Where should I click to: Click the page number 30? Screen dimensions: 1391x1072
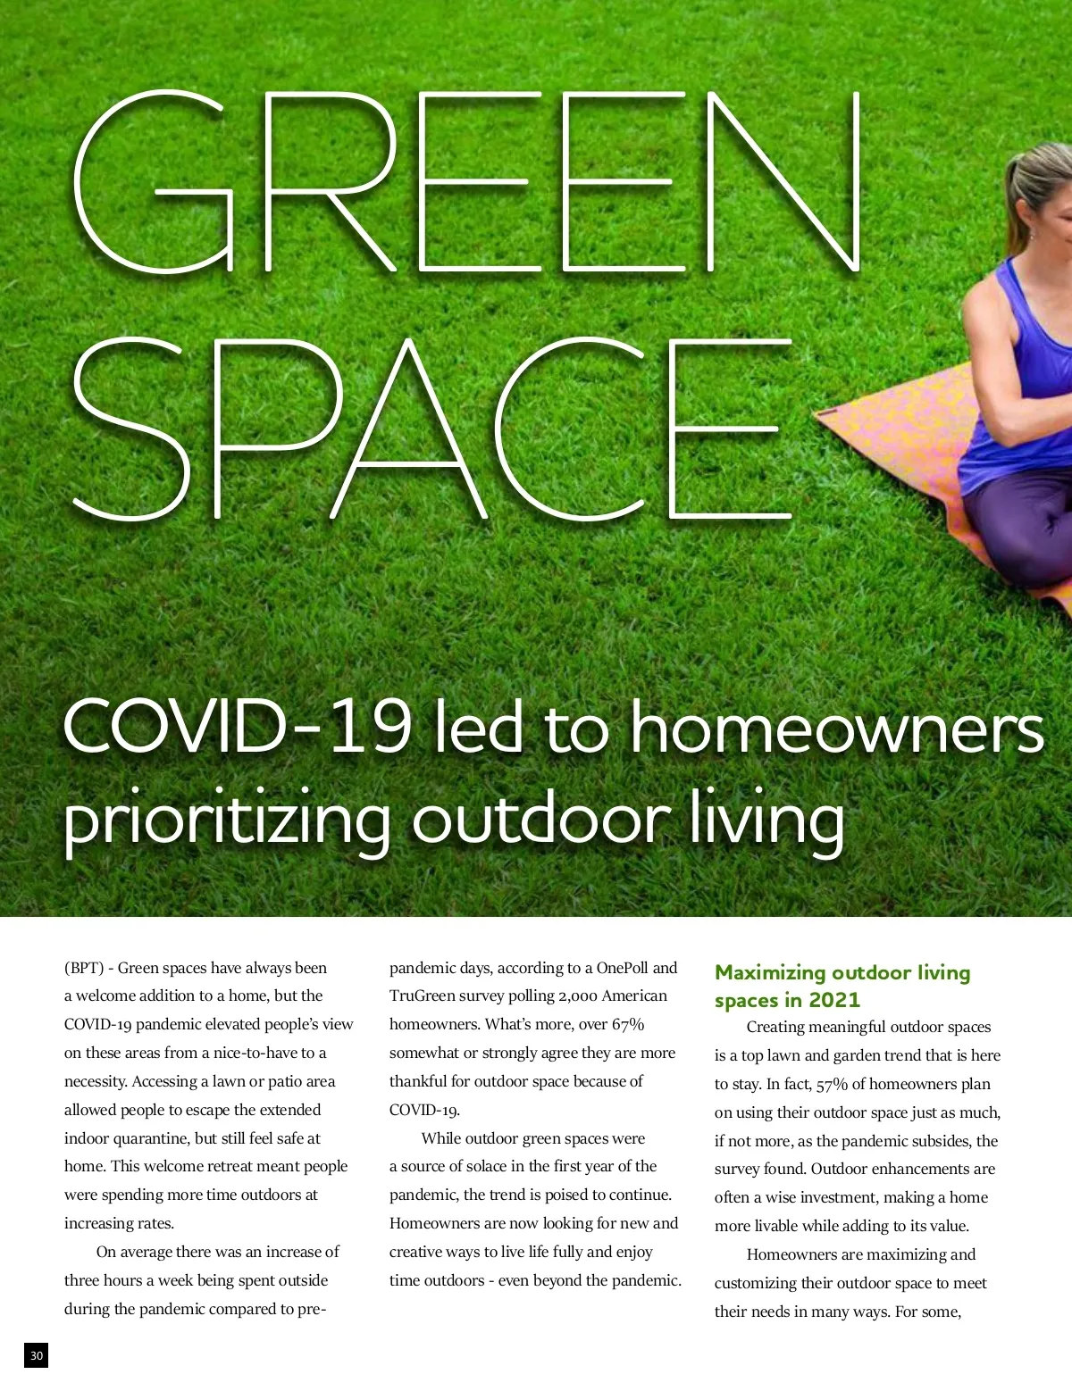pyautogui.click(x=36, y=1355)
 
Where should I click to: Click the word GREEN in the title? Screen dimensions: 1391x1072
pyautogui.click(x=465, y=183)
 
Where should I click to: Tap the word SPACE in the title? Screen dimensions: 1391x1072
pyautogui.click(x=429, y=429)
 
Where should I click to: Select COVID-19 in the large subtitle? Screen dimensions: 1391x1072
pyautogui.click(x=237, y=728)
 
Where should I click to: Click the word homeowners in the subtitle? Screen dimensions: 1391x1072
pyautogui.click(x=837, y=728)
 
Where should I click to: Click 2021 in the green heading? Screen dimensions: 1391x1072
pyautogui.click(x=833, y=1000)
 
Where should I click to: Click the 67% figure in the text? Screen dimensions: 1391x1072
pyautogui.click(x=628, y=1024)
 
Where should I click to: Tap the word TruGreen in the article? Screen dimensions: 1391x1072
pyautogui.click(x=423, y=995)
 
